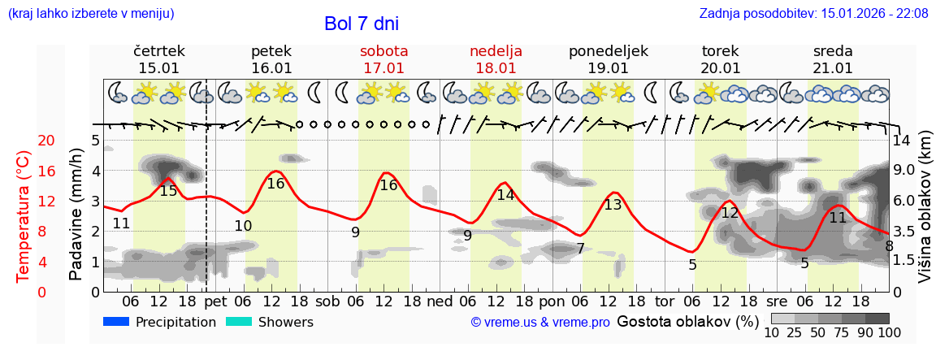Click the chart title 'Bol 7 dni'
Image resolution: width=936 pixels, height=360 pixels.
361,24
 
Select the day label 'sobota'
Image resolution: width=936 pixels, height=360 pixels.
383,51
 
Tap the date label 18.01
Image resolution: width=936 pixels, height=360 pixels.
496,68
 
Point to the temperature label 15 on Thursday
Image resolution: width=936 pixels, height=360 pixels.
168,191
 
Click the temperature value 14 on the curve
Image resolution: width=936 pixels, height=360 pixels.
505,195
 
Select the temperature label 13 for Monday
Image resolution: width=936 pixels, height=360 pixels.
613,205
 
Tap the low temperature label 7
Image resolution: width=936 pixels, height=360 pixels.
580,249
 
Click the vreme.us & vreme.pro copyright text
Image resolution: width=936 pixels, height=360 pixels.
540,323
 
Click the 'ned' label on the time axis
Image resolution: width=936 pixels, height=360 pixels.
440,301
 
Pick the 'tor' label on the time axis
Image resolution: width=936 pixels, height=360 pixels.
665,301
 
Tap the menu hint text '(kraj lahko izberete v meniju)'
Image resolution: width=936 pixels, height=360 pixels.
90,13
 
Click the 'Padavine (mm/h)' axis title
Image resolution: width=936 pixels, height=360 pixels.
76,215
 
